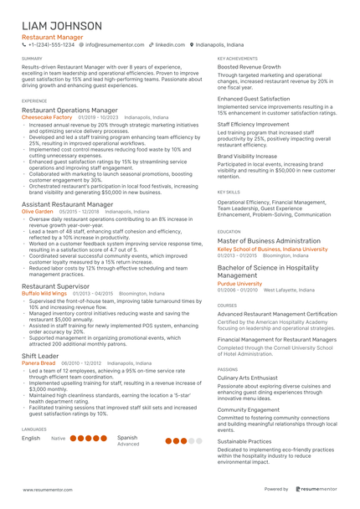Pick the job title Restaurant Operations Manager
[69, 110]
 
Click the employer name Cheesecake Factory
[47, 117]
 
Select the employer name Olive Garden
[38, 212]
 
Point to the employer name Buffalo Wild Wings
[44, 294]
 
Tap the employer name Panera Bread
[39, 362]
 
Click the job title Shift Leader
[40, 355]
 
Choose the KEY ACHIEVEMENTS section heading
[237, 59]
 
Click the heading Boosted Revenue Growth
[249, 67]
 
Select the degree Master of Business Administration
[269, 241]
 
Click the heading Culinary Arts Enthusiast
[248, 378]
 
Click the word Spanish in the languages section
[127, 437]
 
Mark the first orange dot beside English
[75, 438]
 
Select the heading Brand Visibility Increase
[249, 156]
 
